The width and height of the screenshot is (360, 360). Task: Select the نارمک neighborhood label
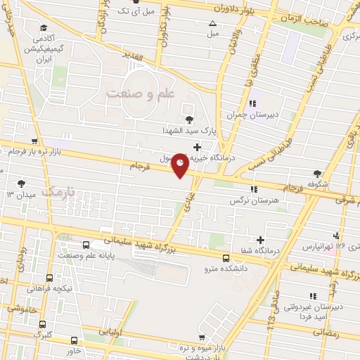coord(58,190)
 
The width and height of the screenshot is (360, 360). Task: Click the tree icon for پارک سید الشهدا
coord(188,119)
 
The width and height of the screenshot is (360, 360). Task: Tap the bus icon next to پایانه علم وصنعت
coord(86,245)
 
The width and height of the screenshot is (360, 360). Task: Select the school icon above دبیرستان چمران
coord(252,103)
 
